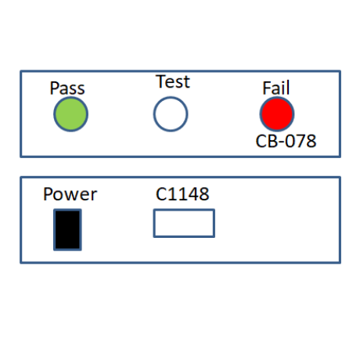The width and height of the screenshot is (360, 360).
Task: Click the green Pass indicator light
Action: pos(70,114)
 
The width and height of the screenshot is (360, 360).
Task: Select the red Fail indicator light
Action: pos(277,114)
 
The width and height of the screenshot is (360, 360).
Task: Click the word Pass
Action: pos(67,88)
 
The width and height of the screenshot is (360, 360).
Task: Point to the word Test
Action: pos(173,81)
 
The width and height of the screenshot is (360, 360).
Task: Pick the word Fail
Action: pos(276,88)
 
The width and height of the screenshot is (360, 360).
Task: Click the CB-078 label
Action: pos(286,141)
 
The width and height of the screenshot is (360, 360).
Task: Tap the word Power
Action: pos(70,194)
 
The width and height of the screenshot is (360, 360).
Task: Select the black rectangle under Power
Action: pos(67,230)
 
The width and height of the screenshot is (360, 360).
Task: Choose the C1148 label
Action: pos(182,194)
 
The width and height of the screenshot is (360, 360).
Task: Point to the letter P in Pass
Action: pos(54,88)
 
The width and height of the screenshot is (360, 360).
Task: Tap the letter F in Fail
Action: pos(267,88)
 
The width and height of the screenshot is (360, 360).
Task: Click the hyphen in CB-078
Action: pos(280,142)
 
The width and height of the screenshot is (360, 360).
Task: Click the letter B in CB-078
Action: pos(272,141)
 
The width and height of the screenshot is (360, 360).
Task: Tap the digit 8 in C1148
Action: pos(204,194)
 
